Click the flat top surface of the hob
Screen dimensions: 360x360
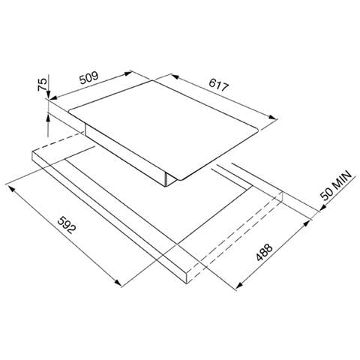click(172, 120)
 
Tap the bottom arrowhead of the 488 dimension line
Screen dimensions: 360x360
click(238, 287)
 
